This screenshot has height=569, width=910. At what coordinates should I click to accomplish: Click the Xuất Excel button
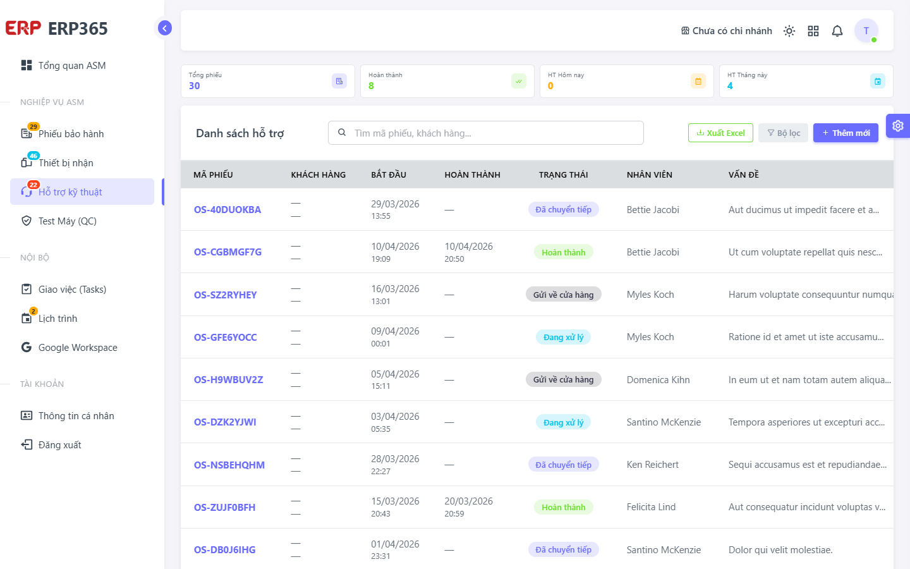coord(720,133)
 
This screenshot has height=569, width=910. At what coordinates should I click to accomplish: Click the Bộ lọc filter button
coord(783,133)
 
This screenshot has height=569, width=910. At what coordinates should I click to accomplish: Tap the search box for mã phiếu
coord(485,133)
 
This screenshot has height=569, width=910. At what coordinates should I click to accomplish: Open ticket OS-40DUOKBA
coord(227,210)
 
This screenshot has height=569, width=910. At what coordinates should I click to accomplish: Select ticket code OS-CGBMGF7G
coord(227,252)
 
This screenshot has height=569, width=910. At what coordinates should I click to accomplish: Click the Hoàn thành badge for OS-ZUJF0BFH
coord(564,507)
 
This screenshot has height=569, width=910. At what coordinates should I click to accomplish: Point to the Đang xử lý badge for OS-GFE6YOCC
coord(564,338)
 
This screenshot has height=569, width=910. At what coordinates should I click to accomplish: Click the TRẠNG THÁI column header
coord(563,174)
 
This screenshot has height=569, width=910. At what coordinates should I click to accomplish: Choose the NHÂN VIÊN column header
coord(649,174)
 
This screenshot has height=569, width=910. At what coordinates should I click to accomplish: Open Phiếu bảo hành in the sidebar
coord(71,134)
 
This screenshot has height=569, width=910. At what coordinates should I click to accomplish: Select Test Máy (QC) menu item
coord(68,221)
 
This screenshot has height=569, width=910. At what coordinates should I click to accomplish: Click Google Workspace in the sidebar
coord(78,348)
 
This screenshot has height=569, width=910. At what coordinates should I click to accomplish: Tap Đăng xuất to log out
coord(59,445)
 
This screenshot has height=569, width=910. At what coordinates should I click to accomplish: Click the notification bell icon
coord(837,31)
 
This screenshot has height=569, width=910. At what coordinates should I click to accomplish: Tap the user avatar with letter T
coord(866,30)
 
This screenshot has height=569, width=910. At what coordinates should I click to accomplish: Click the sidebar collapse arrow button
coord(164,28)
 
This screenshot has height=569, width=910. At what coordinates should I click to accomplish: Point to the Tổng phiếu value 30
coord(194,86)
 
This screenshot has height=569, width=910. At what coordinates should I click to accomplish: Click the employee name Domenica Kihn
coord(658,379)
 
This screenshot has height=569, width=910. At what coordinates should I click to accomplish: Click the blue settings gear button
coord(897,126)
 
